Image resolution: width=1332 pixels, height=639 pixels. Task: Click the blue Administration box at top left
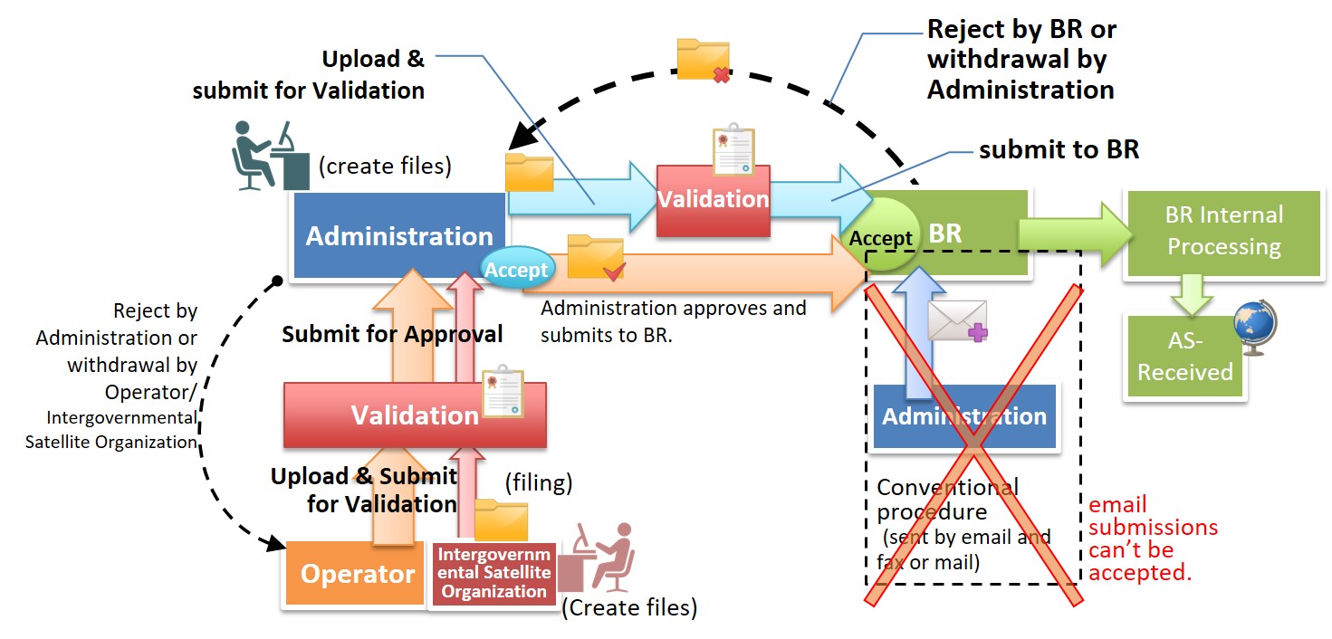pyautogui.click(x=398, y=236)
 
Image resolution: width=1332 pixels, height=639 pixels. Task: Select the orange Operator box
pyautogui.click(x=357, y=573)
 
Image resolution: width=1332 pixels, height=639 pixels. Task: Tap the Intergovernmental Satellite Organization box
pyautogui.click(x=494, y=573)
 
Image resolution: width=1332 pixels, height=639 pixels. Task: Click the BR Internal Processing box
pyautogui.click(x=1222, y=232)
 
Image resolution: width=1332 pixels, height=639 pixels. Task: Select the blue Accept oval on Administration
pyautogui.click(x=516, y=270)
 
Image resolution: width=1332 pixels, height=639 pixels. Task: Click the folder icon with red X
pyautogui.click(x=704, y=60)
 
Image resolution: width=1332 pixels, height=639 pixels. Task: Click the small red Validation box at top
pyautogui.click(x=713, y=200)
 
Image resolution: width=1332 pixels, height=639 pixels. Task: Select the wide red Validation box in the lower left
pyautogui.click(x=415, y=415)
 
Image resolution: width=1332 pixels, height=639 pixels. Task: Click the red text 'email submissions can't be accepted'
pyautogui.click(x=1153, y=538)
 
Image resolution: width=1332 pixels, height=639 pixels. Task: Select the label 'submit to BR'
pyautogui.click(x=1059, y=150)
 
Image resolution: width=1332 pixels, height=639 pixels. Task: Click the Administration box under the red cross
pyautogui.click(x=964, y=416)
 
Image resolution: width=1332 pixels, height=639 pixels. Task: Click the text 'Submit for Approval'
pyautogui.click(x=392, y=334)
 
